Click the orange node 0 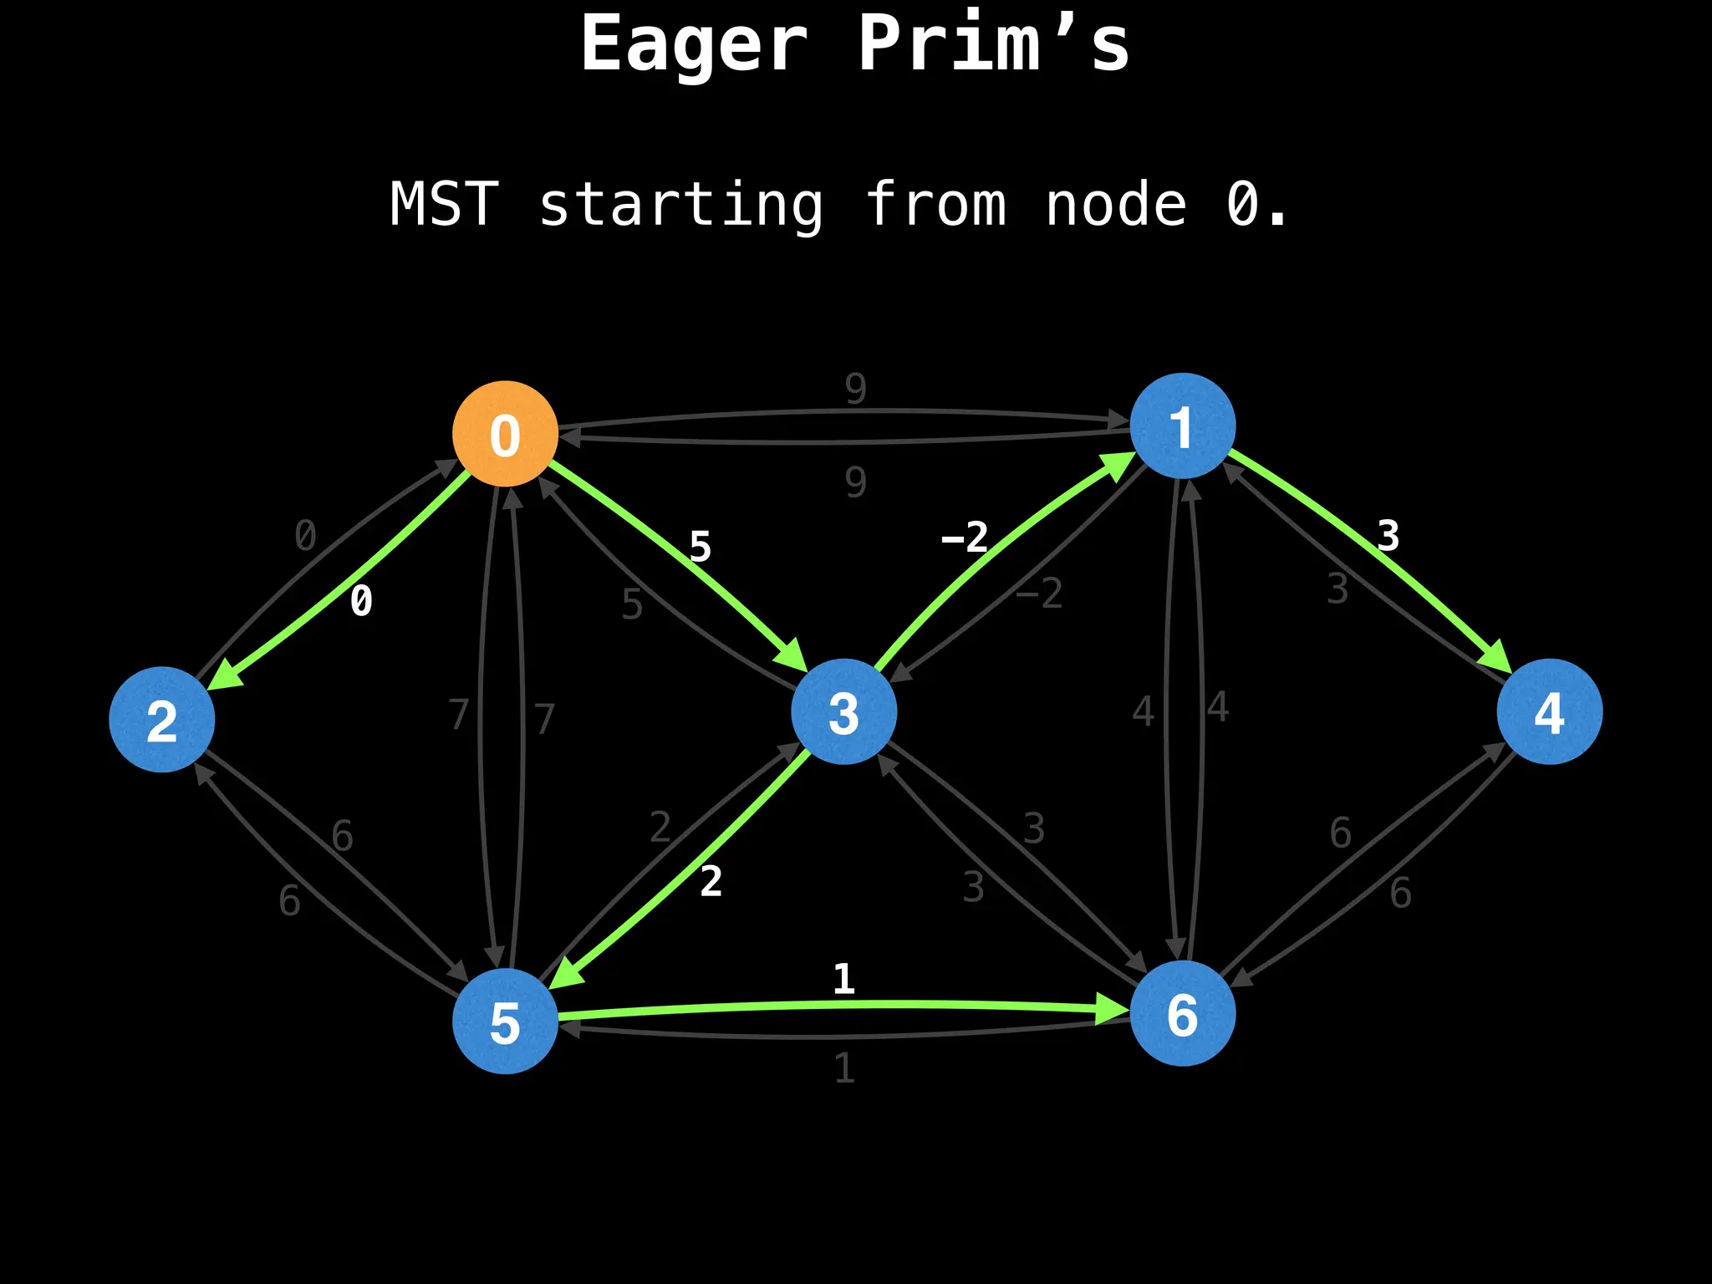tap(505, 434)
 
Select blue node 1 tap(1182, 426)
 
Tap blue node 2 tap(162, 720)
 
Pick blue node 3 tap(843, 712)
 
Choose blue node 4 tap(1549, 712)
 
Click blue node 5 tap(505, 1022)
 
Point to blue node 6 tap(1182, 1014)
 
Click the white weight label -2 tap(965, 537)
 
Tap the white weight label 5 tap(700, 548)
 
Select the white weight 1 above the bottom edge tap(843, 979)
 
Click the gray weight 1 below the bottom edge tap(844, 1068)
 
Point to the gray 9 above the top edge tap(855, 389)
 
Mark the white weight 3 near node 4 tap(1388, 536)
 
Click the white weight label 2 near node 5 tap(711, 882)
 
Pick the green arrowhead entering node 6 tap(1113, 1011)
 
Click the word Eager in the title tap(694, 43)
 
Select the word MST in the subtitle tap(444, 205)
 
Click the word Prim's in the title tap(993, 43)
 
